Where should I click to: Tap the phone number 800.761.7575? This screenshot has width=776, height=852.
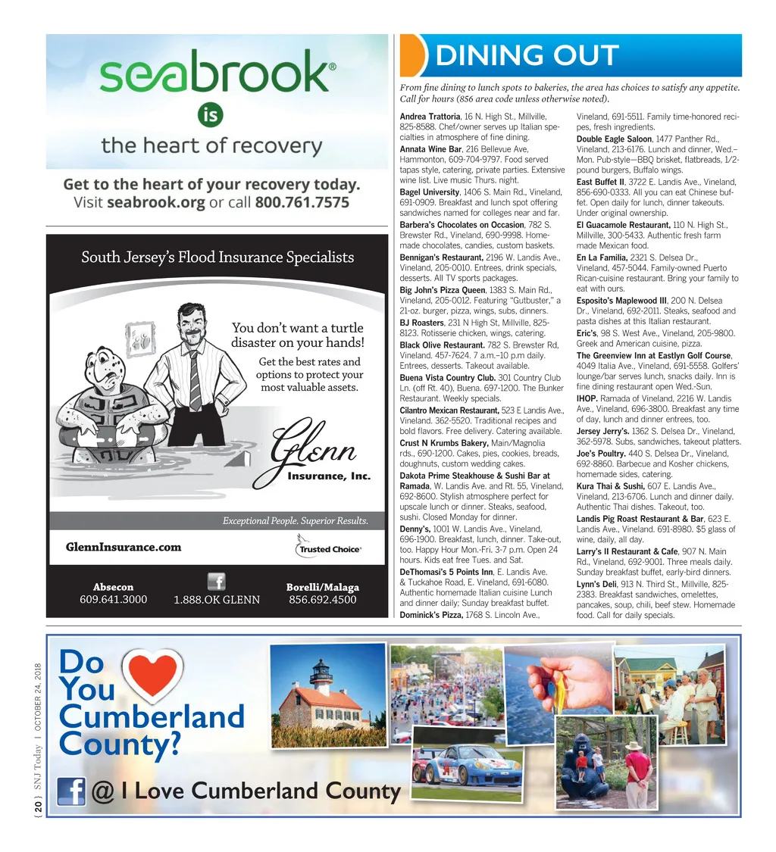pyautogui.click(x=302, y=202)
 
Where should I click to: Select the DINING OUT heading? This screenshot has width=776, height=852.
pyautogui.click(x=527, y=55)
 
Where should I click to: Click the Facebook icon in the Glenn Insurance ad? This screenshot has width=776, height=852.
pyautogui.click(x=216, y=582)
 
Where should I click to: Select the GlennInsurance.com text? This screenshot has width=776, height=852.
pyautogui.click(x=124, y=547)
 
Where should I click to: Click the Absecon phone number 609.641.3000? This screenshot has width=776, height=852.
pyautogui.click(x=113, y=600)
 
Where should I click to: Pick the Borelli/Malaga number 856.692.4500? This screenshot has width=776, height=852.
pyautogui.click(x=322, y=600)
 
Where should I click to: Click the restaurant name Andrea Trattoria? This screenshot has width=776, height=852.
pyautogui.click(x=430, y=116)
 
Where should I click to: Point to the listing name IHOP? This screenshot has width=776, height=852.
pyautogui.click(x=589, y=398)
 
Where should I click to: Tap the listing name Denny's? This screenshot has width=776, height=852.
pyautogui.click(x=415, y=529)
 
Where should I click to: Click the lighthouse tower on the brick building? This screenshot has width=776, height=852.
pyautogui.click(x=321, y=673)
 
